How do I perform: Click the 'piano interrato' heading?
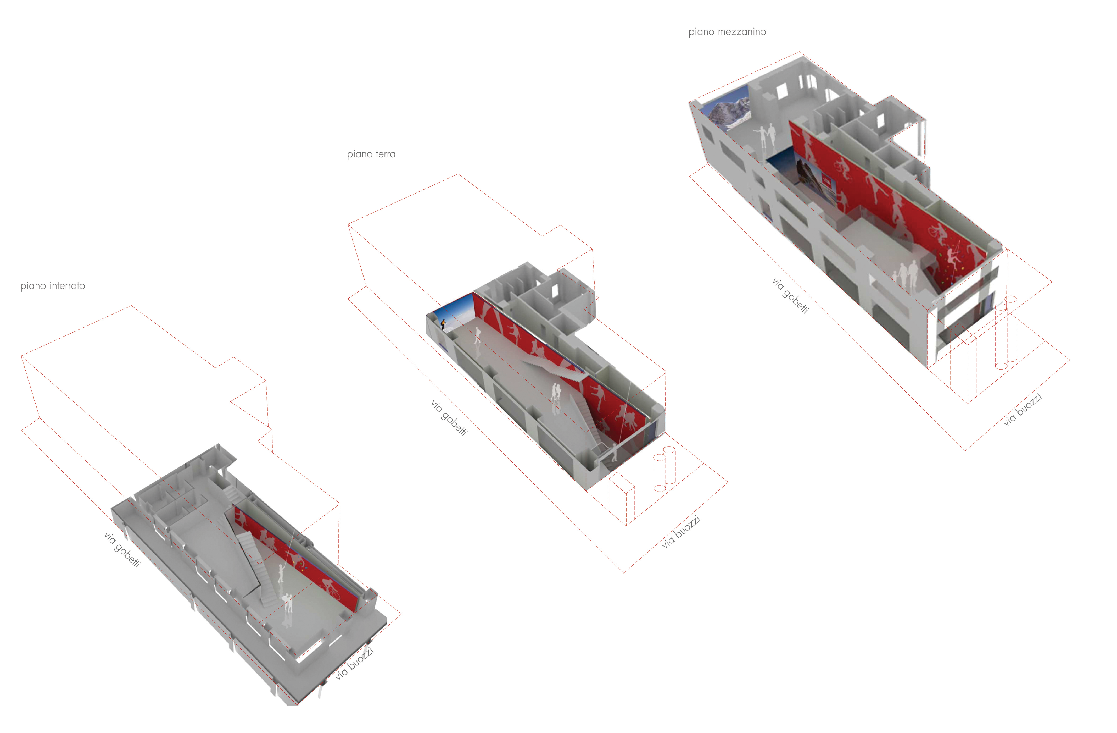[53, 286]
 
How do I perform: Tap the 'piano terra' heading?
[371, 154]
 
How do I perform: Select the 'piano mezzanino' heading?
[727, 32]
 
